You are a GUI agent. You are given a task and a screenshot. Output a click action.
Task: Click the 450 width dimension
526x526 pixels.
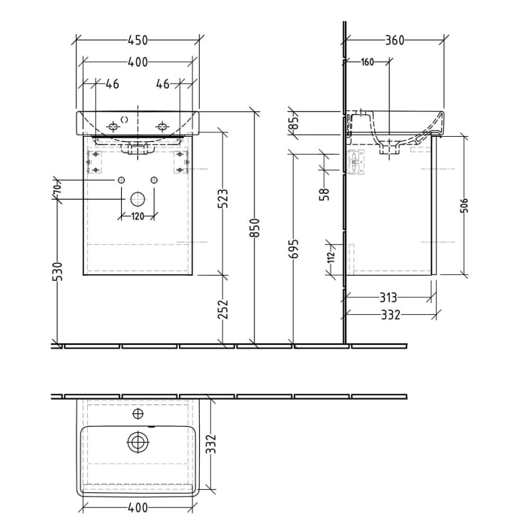(x=138, y=40)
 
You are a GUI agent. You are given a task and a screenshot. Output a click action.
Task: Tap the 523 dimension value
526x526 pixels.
(x=223, y=198)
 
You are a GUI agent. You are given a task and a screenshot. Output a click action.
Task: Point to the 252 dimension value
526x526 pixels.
(x=223, y=310)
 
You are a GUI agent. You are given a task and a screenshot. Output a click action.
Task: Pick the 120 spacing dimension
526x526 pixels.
(x=138, y=216)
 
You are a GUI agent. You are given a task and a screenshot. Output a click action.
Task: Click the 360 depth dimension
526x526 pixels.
(x=394, y=40)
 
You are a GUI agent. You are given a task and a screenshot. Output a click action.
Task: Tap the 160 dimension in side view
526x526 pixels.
(x=367, y=62)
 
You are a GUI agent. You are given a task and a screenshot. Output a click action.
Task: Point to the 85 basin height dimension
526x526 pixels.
(x=295, y=122)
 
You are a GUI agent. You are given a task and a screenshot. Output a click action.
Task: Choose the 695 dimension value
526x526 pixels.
(x=294, y=249)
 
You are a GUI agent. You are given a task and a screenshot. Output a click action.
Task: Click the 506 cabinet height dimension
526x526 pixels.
(x=464, y=206)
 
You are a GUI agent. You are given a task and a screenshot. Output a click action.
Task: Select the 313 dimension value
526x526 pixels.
(x=388, y=298)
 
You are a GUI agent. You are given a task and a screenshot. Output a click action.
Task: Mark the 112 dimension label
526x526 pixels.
(x=329, y=257)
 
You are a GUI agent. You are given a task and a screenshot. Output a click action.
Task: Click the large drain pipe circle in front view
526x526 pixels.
(x=138, y=199)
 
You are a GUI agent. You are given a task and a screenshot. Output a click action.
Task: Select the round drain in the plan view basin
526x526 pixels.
(x=138, y=443)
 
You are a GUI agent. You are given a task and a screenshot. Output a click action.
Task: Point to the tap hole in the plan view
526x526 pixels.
(x=138, y=413)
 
